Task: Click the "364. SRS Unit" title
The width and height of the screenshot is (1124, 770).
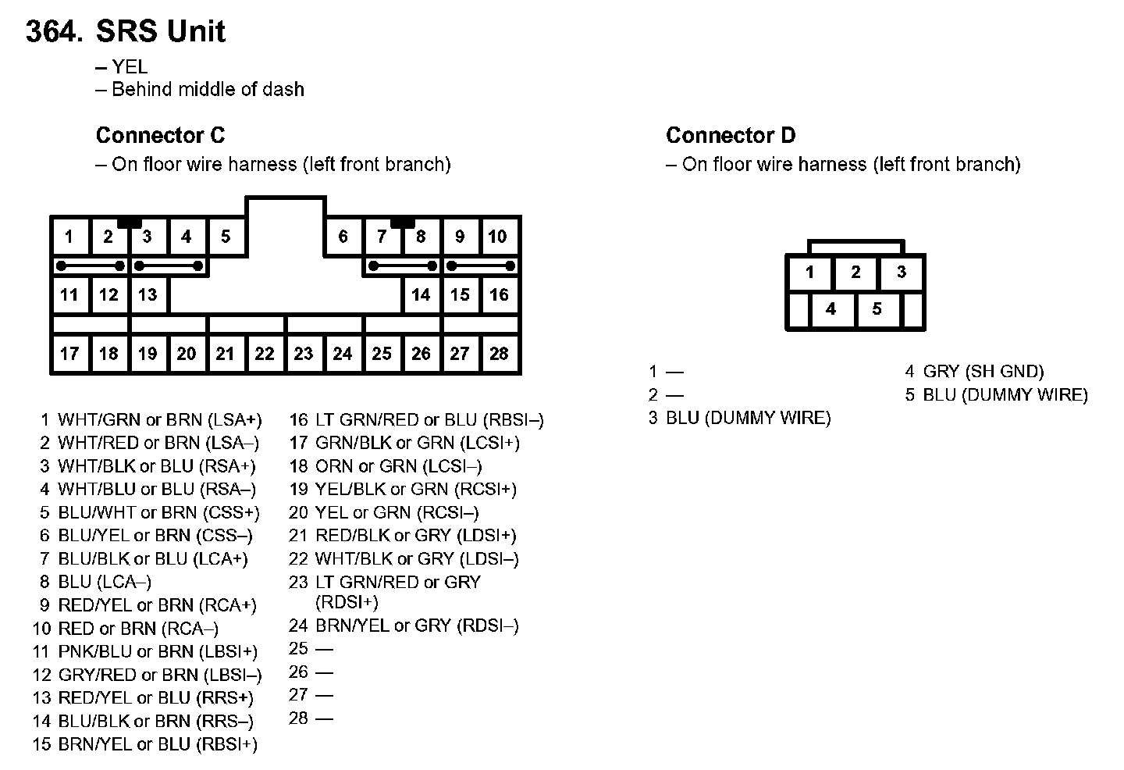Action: (x=126, y=31)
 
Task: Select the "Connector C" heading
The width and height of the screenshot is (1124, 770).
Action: (x=161, y=135)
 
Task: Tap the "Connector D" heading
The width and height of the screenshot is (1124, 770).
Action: (x=731, y=135)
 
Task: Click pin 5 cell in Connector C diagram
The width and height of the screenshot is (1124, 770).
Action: (x=226, y=236)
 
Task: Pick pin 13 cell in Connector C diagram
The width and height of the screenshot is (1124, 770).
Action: (x=148, y=294)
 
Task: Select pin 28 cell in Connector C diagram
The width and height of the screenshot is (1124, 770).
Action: (x=499, y=354)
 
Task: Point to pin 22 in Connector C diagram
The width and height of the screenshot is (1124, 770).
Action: (x=265, y=354)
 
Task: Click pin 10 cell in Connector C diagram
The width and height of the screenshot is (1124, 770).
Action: (x=498, y=236)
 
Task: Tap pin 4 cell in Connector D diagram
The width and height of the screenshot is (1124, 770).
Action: (x=831, y=309)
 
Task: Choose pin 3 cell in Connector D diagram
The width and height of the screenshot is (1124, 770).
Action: (x=902, y=272)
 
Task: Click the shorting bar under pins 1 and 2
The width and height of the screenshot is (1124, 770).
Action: (x=91, y=266)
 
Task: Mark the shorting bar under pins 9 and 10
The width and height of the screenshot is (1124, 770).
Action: (x=481, y=266)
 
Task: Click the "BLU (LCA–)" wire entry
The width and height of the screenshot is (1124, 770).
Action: (x=105, y=582)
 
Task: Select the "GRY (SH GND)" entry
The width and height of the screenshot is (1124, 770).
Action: (x=983, y=372)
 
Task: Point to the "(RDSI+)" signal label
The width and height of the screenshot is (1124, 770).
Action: (x=347, y=602)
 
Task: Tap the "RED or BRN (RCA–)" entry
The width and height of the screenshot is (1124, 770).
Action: (x=138, y=629)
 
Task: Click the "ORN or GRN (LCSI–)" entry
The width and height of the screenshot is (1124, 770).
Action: (x=398, y=466)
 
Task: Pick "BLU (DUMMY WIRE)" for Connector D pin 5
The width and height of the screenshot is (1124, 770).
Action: (x=1005, y=395)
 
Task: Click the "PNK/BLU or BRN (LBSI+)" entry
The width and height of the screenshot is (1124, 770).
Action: (x=158, y=651)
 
